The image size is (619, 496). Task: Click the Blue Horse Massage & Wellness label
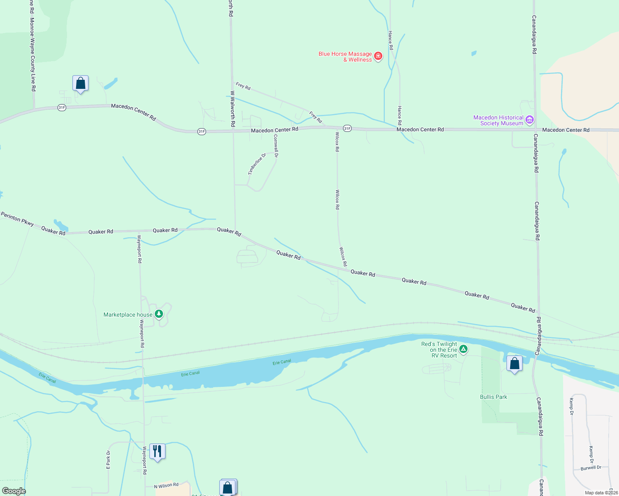[345, 57]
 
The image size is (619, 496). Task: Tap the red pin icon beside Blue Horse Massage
[378, 56]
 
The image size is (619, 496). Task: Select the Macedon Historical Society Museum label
[498, 120]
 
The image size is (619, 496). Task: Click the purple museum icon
[529, 120]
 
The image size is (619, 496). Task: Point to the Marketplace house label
[128, 315]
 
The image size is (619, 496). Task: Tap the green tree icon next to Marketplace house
[158, 314]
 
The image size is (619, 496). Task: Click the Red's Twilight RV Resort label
[439, 350]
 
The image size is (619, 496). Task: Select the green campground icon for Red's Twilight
[463, 350]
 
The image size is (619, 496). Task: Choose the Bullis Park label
[493, 397]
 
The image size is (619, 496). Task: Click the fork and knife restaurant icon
[157, 451]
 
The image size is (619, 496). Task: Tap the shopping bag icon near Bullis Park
[514, 364]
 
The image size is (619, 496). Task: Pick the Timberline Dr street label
[257, 164]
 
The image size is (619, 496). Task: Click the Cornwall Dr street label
[276, 145]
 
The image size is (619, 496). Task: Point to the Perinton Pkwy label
[17, 219]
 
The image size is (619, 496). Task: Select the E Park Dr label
[108, 460]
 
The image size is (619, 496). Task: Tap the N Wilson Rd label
[166, 486]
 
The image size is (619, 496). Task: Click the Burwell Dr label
[591, 468]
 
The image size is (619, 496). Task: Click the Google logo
[14, 491]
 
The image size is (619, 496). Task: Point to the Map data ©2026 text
[601, 493]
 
